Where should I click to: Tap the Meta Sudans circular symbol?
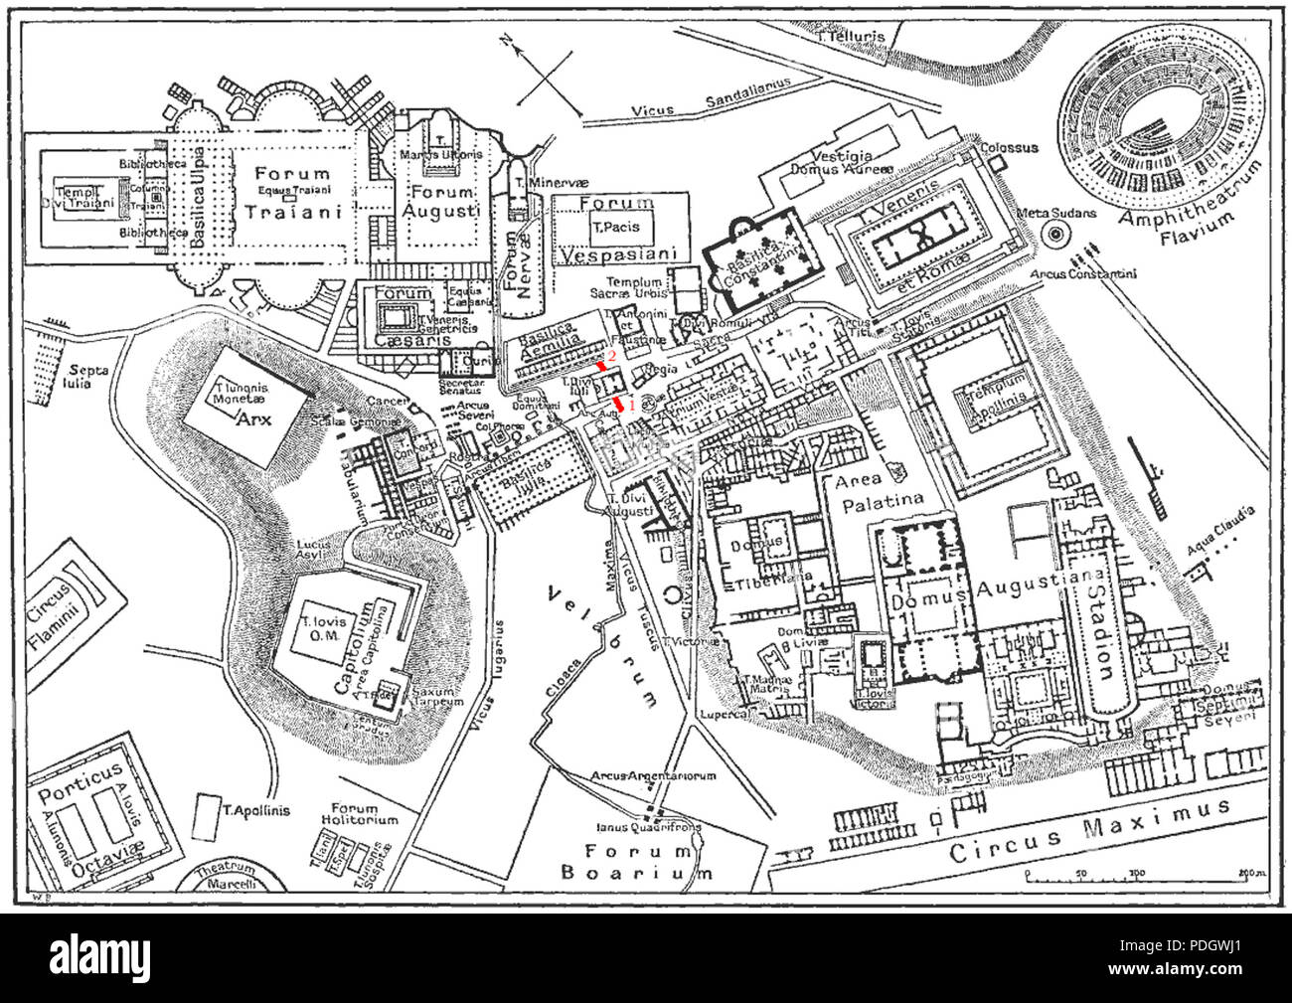coord(1054,235)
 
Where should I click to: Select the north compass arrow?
coord(510,44)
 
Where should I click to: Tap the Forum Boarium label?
coord(636,862)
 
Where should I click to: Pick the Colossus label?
coord(1009,148)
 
